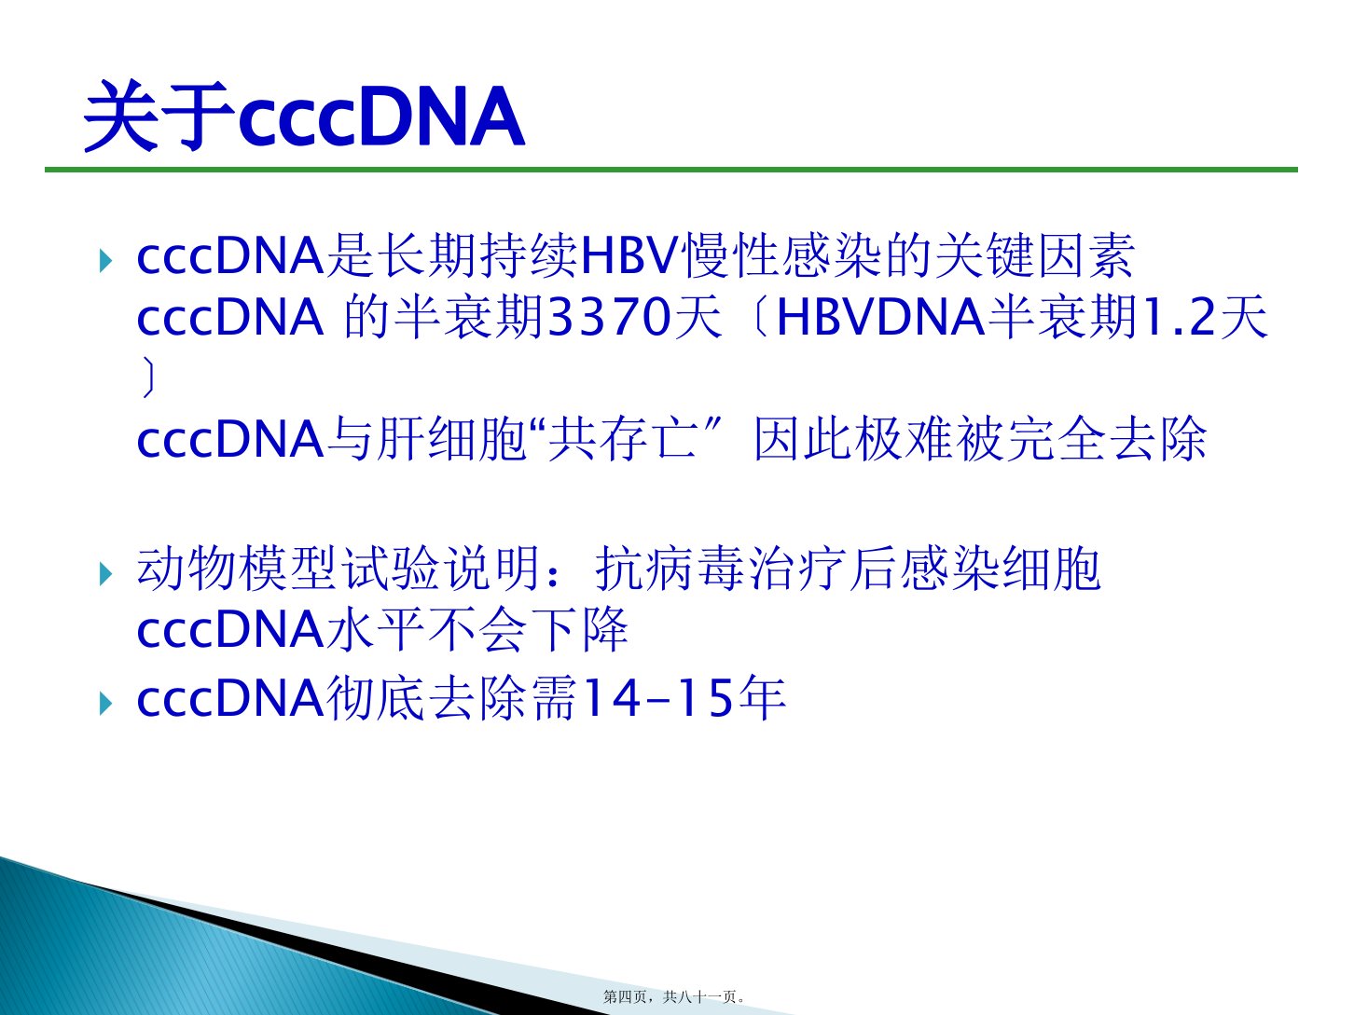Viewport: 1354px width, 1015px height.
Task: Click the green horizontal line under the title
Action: coord(671,170)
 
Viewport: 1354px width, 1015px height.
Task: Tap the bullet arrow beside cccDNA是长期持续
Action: coord(105,261)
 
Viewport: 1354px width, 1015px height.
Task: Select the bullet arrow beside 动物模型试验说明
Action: coord(105,574)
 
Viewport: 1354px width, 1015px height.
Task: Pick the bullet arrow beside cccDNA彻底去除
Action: coord(105,703)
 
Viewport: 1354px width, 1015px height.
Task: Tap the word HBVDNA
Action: coord(880,317)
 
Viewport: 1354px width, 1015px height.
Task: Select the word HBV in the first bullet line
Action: coord(629,255)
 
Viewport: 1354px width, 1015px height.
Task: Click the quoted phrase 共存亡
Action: coord(623,439)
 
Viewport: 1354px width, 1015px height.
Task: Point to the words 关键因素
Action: coord(1034,255)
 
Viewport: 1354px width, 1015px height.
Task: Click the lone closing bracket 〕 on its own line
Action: coord(148,378)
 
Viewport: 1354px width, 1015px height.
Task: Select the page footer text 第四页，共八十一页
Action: coord(673,996)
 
